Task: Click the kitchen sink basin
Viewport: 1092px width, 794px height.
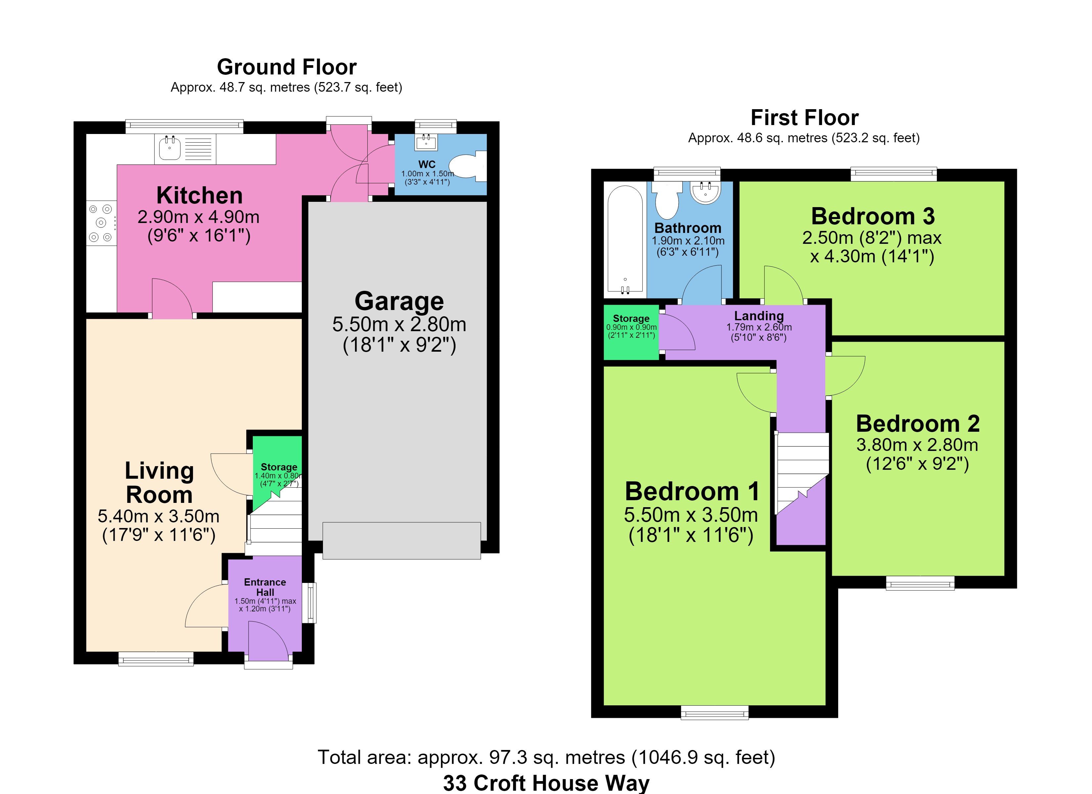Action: coord(169,149)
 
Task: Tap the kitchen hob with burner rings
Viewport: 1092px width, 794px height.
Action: coord(101,223)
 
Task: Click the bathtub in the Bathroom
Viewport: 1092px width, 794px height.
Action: coord(625,239)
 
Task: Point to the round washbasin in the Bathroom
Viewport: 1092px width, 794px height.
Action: coord(705,192)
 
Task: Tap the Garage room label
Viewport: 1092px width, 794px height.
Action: coord(399,301)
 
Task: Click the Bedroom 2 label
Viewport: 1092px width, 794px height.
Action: coord(918,424)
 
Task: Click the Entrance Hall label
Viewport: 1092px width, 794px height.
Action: coord(265,587)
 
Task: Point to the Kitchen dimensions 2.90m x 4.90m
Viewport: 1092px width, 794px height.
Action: coord(198,217)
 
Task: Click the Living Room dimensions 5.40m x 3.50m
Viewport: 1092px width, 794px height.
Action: coord(159,516)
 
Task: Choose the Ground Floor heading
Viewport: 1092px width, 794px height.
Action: coord(287,67)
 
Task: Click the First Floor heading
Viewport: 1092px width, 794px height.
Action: coord(804,117)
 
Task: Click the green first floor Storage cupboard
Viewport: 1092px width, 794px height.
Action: coord(631,332)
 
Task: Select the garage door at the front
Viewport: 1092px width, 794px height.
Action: coord(401,541)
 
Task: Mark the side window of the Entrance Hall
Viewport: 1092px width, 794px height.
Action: coord(312,603)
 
